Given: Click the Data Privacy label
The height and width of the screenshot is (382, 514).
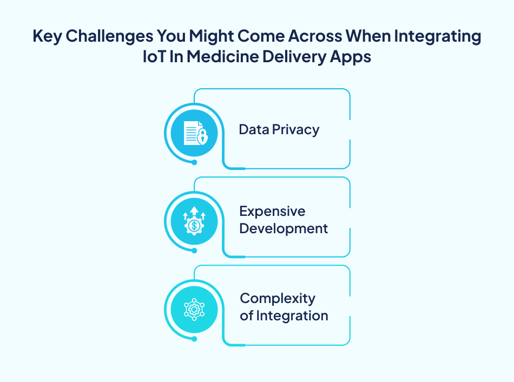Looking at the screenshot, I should click(x=279, y=130).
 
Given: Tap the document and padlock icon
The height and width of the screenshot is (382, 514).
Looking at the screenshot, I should click(x=194, y=133).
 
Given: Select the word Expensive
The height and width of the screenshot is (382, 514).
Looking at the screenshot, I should click(x=272, y=211).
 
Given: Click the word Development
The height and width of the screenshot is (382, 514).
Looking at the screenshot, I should click(x=284, y=228).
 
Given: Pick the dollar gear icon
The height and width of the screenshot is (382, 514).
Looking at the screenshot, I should click(x=194, y=221).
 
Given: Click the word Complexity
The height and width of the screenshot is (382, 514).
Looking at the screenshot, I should click(x=278, y=298).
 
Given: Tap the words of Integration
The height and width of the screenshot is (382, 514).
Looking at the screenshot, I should click(x=284, y=315).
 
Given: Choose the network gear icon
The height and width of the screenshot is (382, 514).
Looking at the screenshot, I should click(x=194, y=309).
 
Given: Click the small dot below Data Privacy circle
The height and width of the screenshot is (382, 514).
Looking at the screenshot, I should click(x=194, y=162).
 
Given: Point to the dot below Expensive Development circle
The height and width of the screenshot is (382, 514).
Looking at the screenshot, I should click(x=194, y=250).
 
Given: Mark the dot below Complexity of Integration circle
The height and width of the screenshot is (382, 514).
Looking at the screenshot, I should click(x=194, y=339).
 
